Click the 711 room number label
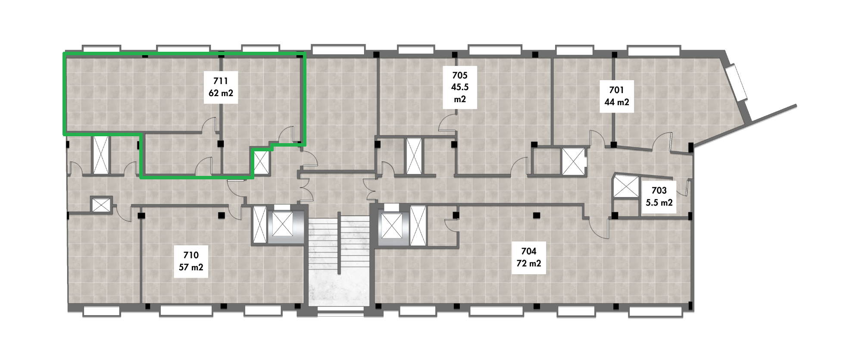[x=221, y=81]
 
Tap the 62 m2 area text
[x=221, y=93]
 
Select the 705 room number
[x=460, y=75]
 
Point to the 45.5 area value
[x=460, y=87]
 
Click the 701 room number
[x=617, y=90]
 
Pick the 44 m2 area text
[x=617, y=102]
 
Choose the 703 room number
[x=659, y=191]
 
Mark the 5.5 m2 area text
[x=659, y=203]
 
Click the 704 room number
[x=529, y=251]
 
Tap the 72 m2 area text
[x=529, y=263]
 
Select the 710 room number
[x=191, y=255]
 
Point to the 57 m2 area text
[x=191, y=267]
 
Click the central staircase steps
[x=339, y=246]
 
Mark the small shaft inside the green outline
[x=261, y=163]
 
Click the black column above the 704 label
[x=537, y=215]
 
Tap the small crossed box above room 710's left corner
[x=101, y=205]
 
